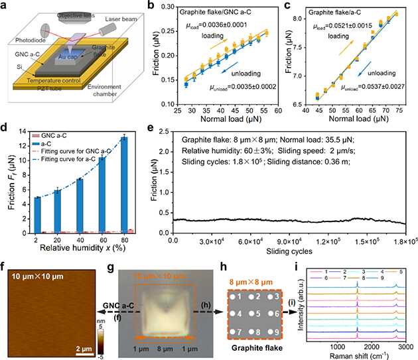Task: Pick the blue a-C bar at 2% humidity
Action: [38, 215]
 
